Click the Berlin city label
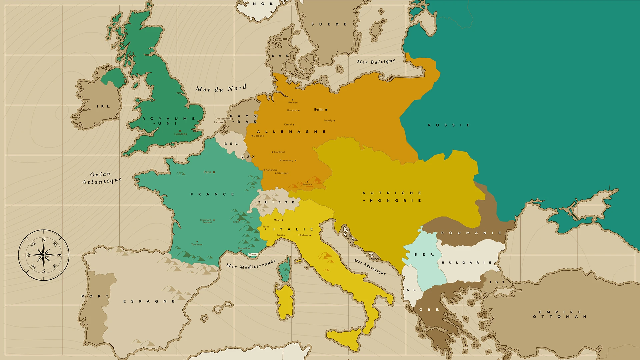click(319, 110)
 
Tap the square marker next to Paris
click(214, 172)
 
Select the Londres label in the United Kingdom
click(180, 134)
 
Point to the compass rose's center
click(44, 255)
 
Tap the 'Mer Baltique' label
click(376, 62)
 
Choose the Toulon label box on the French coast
click(253, 254)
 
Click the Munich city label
click(307, 185)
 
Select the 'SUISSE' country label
click(276, 202)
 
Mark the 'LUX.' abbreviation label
click(248, 157)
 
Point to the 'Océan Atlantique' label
click(101, 178)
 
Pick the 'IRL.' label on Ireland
click(103, 107)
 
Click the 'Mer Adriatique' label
click(370, 267)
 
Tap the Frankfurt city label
click(279, 152)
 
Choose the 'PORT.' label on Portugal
click(95, 296)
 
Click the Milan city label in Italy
click(277, 220)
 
